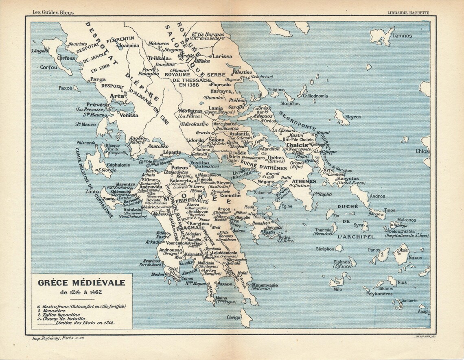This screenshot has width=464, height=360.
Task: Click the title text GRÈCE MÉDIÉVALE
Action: pyautogui.click(x=82, y=282)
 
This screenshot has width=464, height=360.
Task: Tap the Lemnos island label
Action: pyautogui.click(x=402, y=36)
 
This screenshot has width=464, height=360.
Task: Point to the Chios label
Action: pyautogui.click(x=422, y=151)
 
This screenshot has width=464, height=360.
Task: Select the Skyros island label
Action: pyautogui.click(x=353, y=117)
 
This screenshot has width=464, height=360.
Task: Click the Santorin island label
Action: pyautogui.click(x=409, y=301)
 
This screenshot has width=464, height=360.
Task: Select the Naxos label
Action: pyautogui.click(x=415, y=257)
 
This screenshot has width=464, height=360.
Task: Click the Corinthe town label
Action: pyautogui.click(x=230, y=195)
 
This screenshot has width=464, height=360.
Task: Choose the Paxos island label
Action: pyautogui.click(x=65, y=87)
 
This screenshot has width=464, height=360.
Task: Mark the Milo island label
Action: pyautogui.click(x=337, y=290)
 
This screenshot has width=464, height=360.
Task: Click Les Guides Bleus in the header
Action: pyautogui.click(x=53, y=13)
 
